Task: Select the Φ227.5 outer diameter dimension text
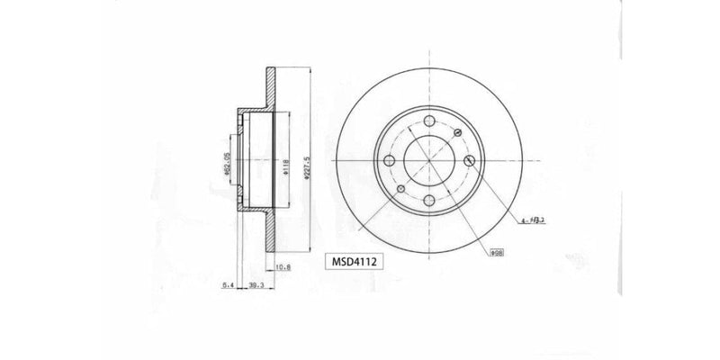310,166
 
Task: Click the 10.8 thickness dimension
283,267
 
